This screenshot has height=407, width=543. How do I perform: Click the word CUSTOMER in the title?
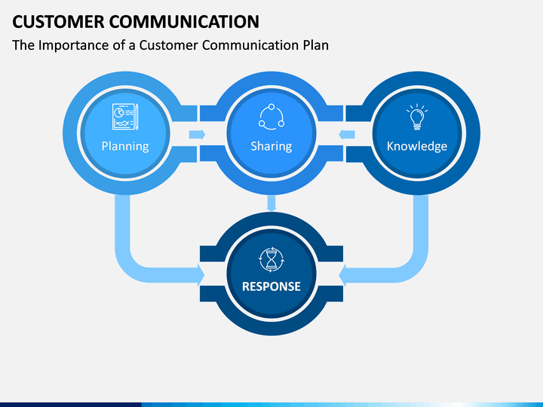[58, 22]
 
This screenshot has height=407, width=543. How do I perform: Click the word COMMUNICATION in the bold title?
[184, 22]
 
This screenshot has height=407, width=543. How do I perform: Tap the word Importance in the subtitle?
[73, 46]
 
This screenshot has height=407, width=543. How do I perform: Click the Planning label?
[125, 146]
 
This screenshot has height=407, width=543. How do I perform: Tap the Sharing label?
[271, 146]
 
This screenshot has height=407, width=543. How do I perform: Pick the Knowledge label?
[417, 146]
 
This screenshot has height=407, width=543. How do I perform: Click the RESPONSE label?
[271, 286]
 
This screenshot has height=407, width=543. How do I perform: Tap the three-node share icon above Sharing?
[271, 117]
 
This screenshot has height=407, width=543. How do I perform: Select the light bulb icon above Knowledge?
[417, 117]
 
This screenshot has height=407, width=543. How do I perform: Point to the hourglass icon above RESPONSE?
[271, 259]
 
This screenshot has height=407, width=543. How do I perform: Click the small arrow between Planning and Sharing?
[197, 134]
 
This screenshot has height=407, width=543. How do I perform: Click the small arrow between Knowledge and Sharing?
[347, 134]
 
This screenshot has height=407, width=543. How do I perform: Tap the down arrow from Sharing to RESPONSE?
[271, 203]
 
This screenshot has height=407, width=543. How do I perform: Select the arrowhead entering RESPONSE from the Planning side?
[201, 275]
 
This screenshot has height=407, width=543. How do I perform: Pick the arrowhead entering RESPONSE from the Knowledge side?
[342, 275]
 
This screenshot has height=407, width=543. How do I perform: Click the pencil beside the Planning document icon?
[137, 117]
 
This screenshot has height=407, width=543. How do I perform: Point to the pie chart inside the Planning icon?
[119, 112]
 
